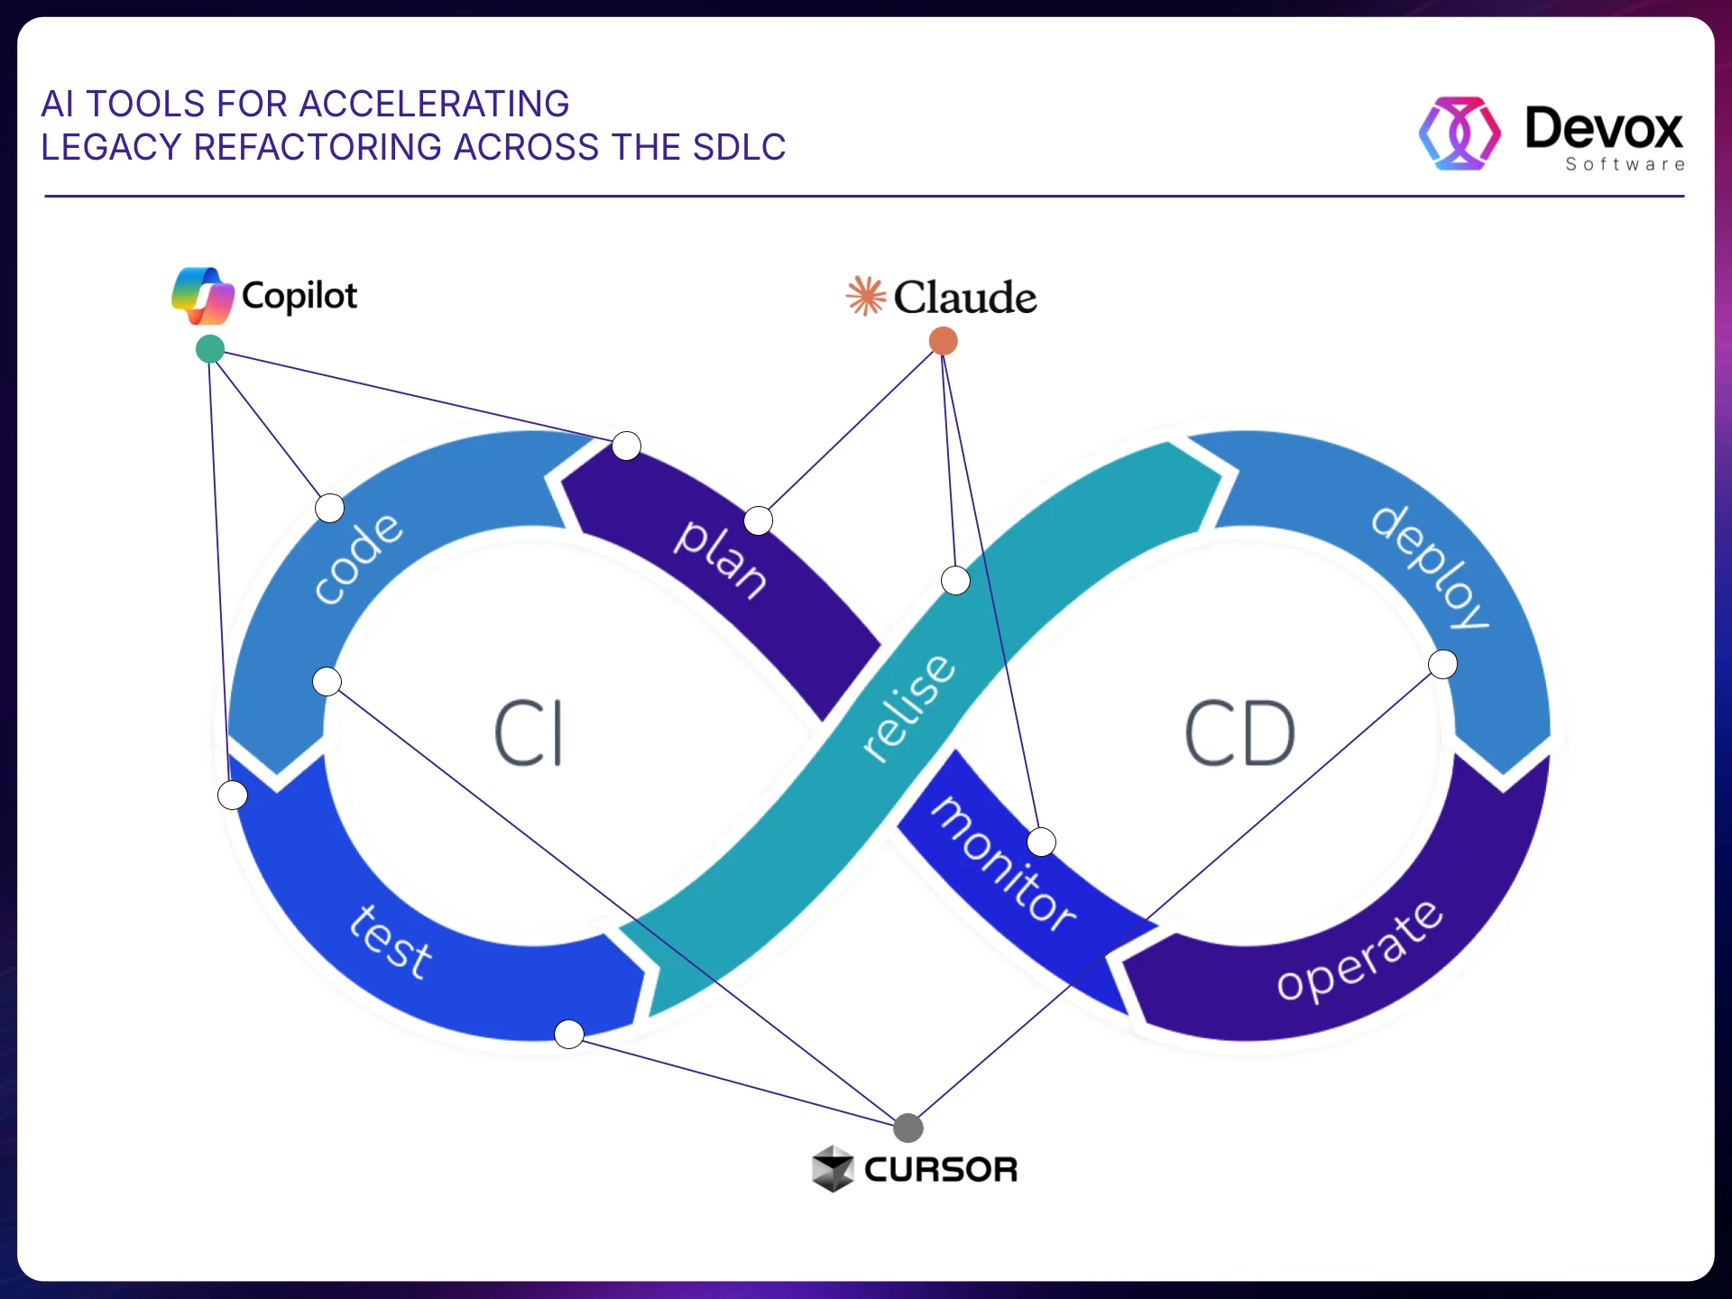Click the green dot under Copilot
(210, 349)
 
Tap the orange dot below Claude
(943, 341)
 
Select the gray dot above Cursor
(907, 1128)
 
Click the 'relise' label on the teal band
(907, 708)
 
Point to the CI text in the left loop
(530, 733)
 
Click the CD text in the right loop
(1239, 733)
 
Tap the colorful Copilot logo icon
(203, 296)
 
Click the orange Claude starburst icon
(866, 296)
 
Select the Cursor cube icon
(832, 1169)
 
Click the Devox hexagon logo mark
(1460, 134)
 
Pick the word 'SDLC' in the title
(739, 147)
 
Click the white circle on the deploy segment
(1442, 665)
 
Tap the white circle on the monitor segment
(1041, 842)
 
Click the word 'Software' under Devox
(1625, 164)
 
